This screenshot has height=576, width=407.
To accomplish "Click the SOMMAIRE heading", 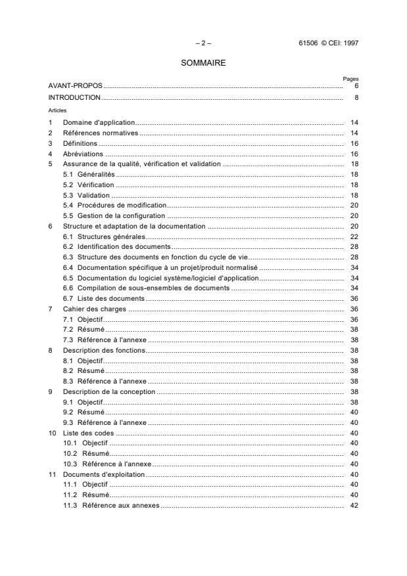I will coord(203,64).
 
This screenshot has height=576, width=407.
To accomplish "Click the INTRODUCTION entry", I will coord(74,97).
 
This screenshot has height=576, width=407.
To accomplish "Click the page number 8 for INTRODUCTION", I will coord(356,97).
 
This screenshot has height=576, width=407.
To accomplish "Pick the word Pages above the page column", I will coord(350,79).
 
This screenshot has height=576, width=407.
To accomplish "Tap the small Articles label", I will coord(57,110).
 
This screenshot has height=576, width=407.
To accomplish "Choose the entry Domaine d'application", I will coord(99,122).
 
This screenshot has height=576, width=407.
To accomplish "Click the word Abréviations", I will coord(83,153).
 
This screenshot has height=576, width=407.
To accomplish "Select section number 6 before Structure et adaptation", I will coord(51,226).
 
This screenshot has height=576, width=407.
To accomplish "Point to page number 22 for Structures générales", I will coord(354,236).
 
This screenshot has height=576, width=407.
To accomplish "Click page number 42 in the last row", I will coord(354,505).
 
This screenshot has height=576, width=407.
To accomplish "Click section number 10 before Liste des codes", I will coord(52,433).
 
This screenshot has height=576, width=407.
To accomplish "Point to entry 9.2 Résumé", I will coord(84,412).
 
